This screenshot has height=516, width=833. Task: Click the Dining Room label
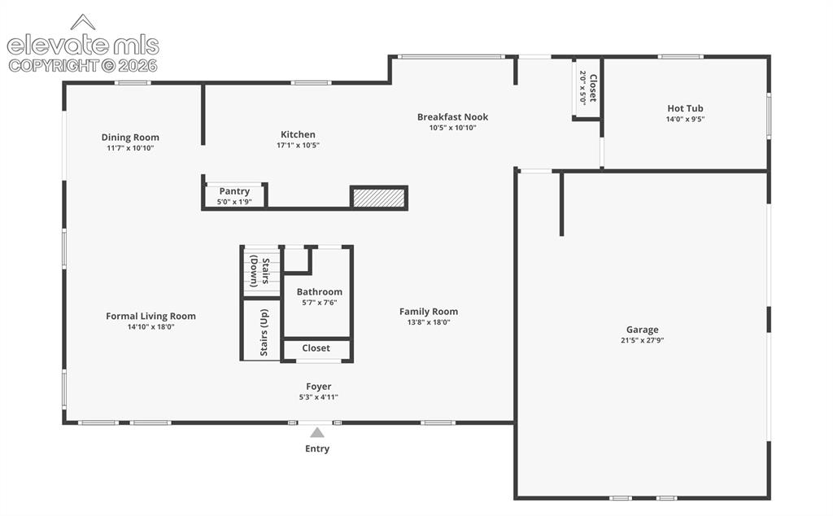(x=130, y=137)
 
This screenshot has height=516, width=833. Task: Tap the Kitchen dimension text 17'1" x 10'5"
(x=298, y=145)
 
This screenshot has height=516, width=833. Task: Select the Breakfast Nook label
(x=452, y=117)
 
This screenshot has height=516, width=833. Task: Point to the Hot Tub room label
(x=685, y=108)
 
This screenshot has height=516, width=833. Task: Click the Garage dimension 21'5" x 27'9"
(x=643, y=340)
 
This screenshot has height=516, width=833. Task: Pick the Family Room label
(x=429, y=312)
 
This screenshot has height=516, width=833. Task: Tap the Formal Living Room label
(x=150, y=316)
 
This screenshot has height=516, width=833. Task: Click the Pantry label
(x=234, y=191)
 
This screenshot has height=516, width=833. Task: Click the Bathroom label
(x=319, y=291)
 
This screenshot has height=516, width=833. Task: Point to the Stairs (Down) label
(x=259, y=271)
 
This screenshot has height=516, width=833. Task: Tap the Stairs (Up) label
(x=264, y=333)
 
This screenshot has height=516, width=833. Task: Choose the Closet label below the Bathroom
(x=316, y=348)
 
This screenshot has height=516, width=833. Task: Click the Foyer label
(x=319, y=387)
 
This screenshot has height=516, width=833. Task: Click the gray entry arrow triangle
(x=317, y=432)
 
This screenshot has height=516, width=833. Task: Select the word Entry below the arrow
(x=317, y=448)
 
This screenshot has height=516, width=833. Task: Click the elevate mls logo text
(x=83, y=46)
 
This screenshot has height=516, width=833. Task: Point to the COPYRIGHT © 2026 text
(x=83, y=66)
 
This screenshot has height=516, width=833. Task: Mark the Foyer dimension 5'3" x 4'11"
(x=319, y=397)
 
